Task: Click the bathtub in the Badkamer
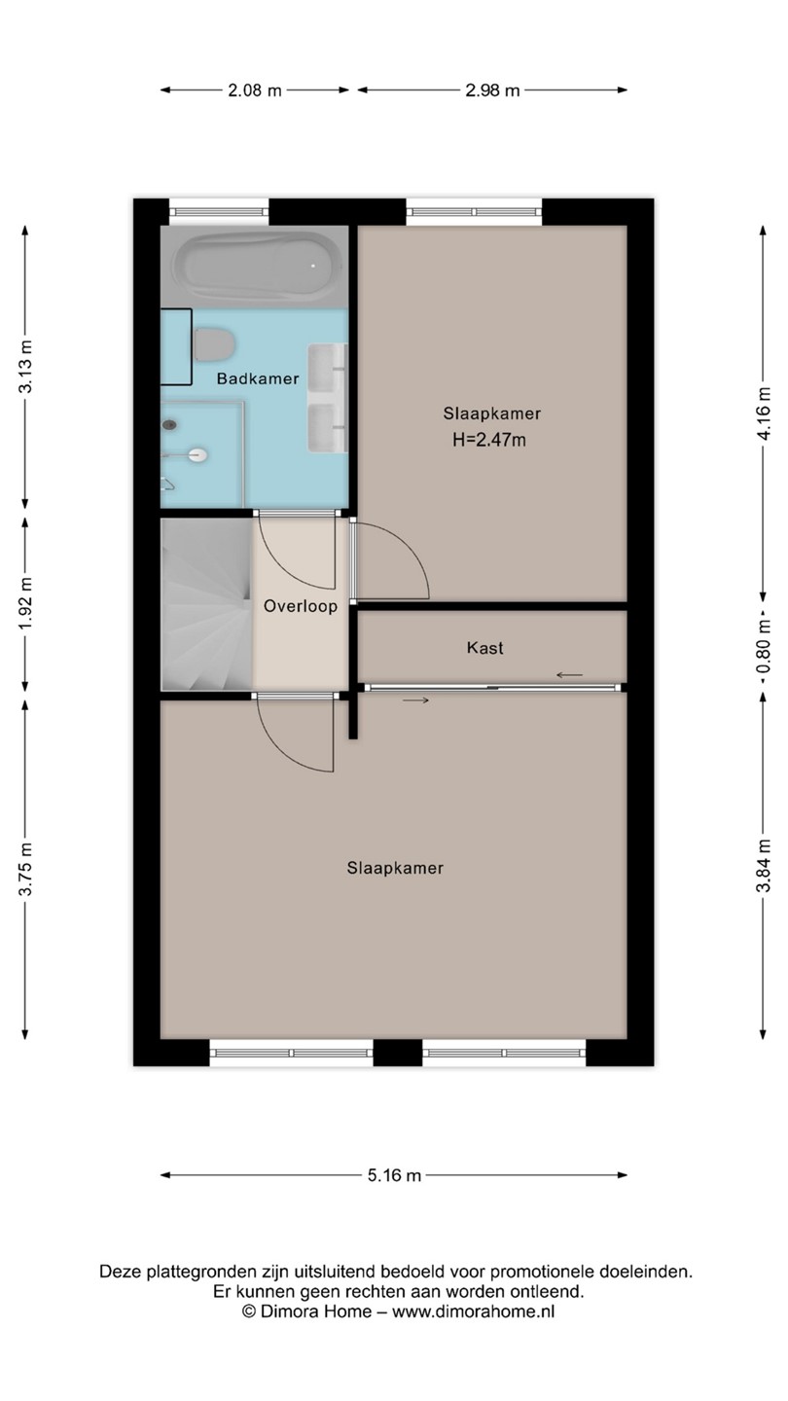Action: [x=258, y=267]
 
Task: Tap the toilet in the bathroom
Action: [x=214, y=344]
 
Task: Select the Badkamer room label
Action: [x=258, y=378]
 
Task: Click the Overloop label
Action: [x=301, y=606]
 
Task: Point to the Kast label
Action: [x=484, y=648]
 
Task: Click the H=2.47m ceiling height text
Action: [x=489, y=441]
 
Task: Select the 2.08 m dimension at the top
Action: [x=255, y=90]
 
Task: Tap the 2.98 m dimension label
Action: [x=492, y=90]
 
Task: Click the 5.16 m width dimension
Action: [x=394, y=1176]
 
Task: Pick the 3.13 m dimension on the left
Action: [x=25, y=367]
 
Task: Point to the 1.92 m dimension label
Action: [x=25, y=604]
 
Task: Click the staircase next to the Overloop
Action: [x=207, y=604]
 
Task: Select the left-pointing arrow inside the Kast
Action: [x=570, y=675]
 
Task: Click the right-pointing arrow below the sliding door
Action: [x=416, y=700]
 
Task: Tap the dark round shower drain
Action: [x=169, y=425]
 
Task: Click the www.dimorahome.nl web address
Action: [x=474, y=1311]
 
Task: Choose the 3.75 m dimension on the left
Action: [x=25, y=870]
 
